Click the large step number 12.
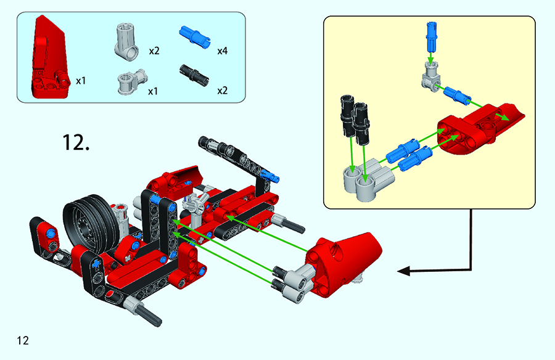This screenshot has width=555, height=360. point(76,142)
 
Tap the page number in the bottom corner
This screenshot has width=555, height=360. point(23,340)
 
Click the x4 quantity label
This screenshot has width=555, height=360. point(222,51)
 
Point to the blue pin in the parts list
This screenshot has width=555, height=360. point(195,36)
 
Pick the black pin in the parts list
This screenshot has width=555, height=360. point(194,75)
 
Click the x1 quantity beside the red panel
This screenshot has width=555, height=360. point(81,81)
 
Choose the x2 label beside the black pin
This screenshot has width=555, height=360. point(222,91)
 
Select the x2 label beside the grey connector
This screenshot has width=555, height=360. point(154,51)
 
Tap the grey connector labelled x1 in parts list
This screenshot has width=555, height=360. point(132,82)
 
